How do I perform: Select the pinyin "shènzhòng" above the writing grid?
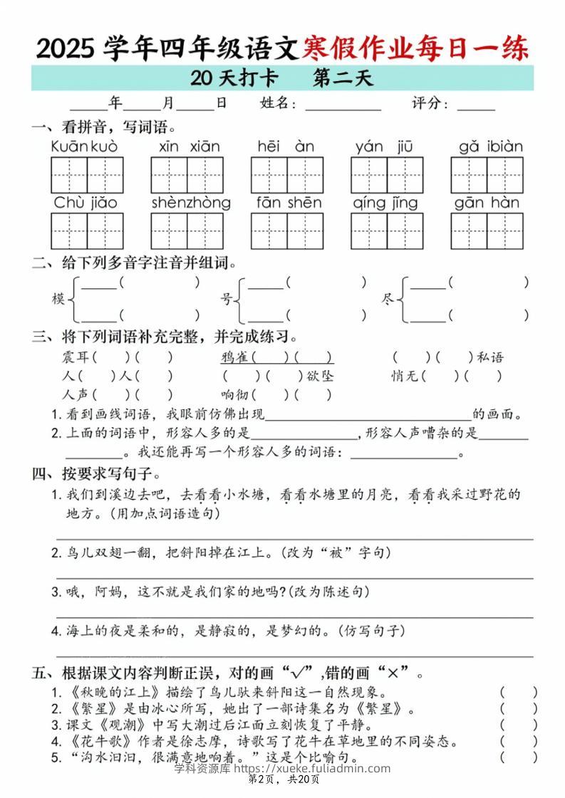click(191, 203)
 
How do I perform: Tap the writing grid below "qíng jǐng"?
click(386, 231)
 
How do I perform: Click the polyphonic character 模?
click(58, 298)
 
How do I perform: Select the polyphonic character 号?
click(227, 298)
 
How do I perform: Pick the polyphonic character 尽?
click(388, 298)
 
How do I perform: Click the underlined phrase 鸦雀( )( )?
click(276, 357)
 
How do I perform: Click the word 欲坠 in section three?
click(320, 376)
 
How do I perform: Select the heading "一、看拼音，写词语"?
click(103, 128)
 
